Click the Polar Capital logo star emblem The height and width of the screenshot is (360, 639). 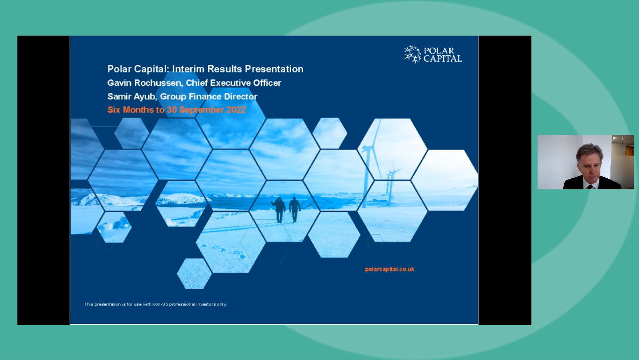point(413,54)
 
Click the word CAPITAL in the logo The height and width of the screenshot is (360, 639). point(443,58)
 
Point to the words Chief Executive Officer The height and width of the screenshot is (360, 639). point(233,83)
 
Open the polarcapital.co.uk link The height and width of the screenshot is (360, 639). point(390,269)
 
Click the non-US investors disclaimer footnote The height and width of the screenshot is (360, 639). point(156,304)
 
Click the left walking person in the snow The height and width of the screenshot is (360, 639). point(279,208)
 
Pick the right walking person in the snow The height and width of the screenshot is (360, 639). point(295,208)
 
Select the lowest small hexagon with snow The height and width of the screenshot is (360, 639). point(194,274)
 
